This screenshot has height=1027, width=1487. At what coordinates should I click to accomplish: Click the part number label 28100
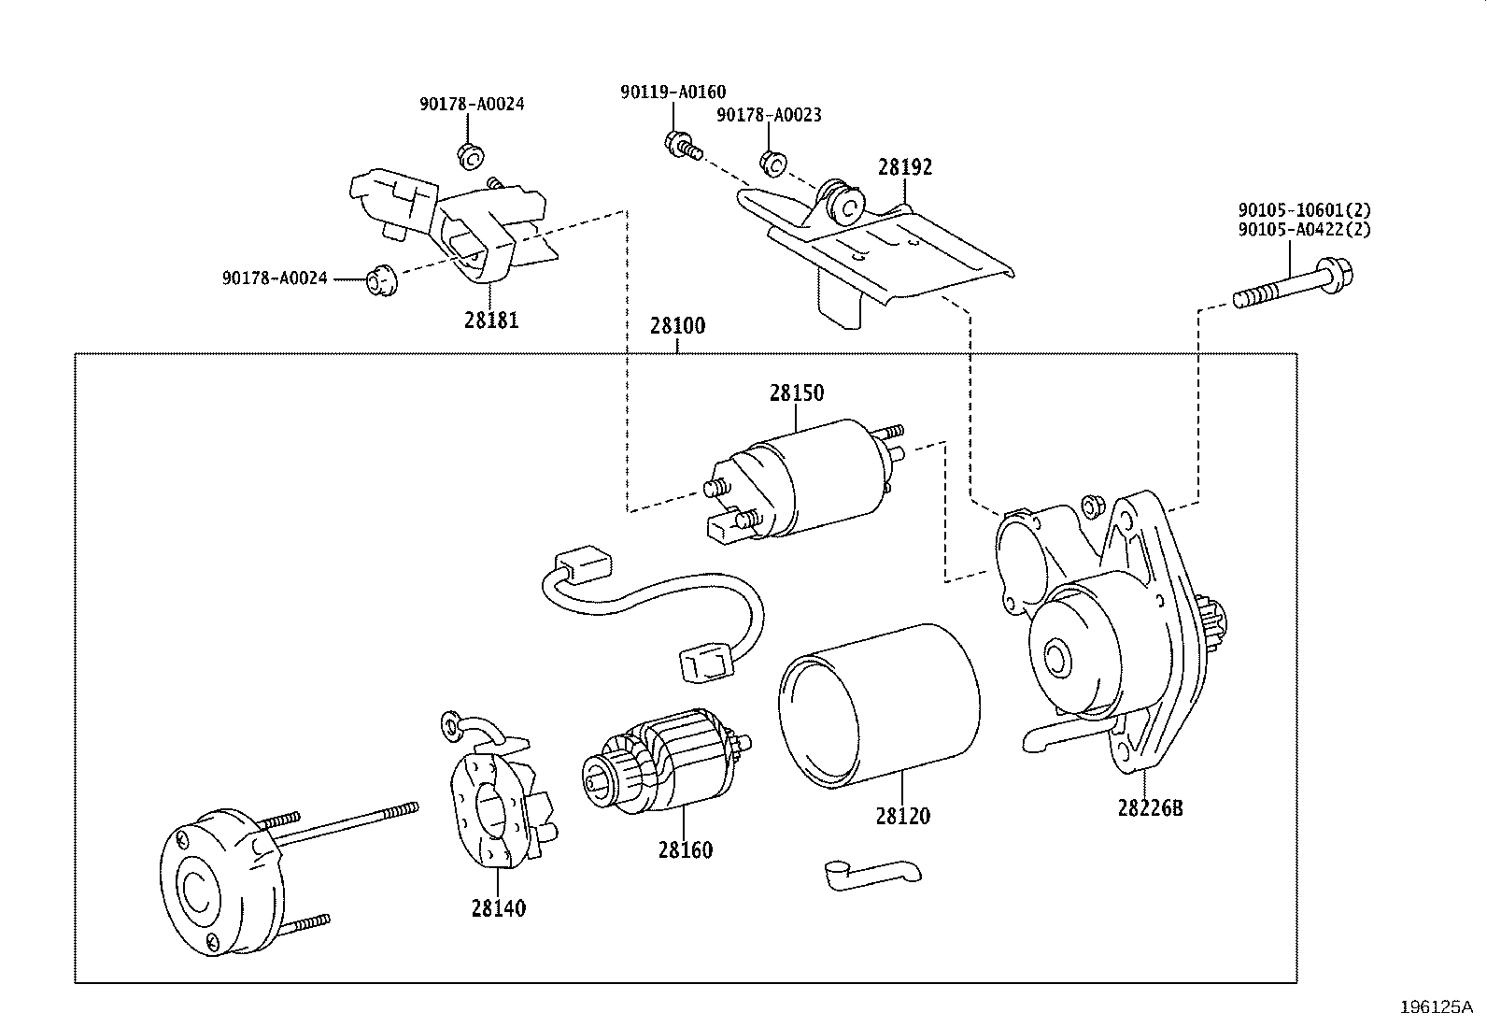677,326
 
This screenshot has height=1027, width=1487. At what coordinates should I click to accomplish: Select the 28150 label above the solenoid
796,392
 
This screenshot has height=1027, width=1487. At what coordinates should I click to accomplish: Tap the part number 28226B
1149,806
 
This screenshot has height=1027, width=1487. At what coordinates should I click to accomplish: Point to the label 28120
902,815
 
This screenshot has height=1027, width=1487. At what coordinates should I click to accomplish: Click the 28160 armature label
684,849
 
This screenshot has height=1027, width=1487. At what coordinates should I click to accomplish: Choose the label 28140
498,906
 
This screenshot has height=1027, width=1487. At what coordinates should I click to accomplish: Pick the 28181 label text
490,320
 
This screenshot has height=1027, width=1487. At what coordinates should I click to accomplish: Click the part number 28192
904,167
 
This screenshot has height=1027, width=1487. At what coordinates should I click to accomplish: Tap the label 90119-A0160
673,92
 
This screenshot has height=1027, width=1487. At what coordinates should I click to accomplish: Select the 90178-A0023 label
769,115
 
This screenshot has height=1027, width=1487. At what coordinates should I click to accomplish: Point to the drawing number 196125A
1435,1006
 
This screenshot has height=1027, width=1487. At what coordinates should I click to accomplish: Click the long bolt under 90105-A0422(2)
1294,286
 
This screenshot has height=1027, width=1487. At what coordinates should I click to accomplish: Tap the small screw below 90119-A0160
682,146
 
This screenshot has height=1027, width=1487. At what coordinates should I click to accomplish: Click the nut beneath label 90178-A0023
772,163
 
